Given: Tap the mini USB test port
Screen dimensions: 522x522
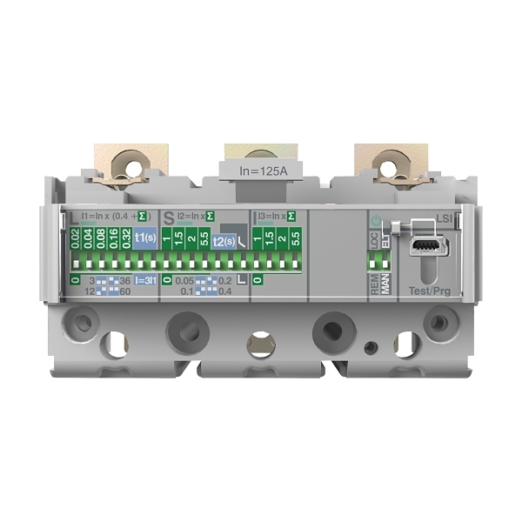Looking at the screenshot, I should click(423, 246).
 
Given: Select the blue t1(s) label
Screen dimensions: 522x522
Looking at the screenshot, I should click(144, 238).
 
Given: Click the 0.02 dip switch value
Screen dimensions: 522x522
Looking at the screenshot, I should click(75, 238).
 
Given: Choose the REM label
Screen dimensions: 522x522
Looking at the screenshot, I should click(375, 286).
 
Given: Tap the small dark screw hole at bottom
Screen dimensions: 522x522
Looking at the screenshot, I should click(371, 347).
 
